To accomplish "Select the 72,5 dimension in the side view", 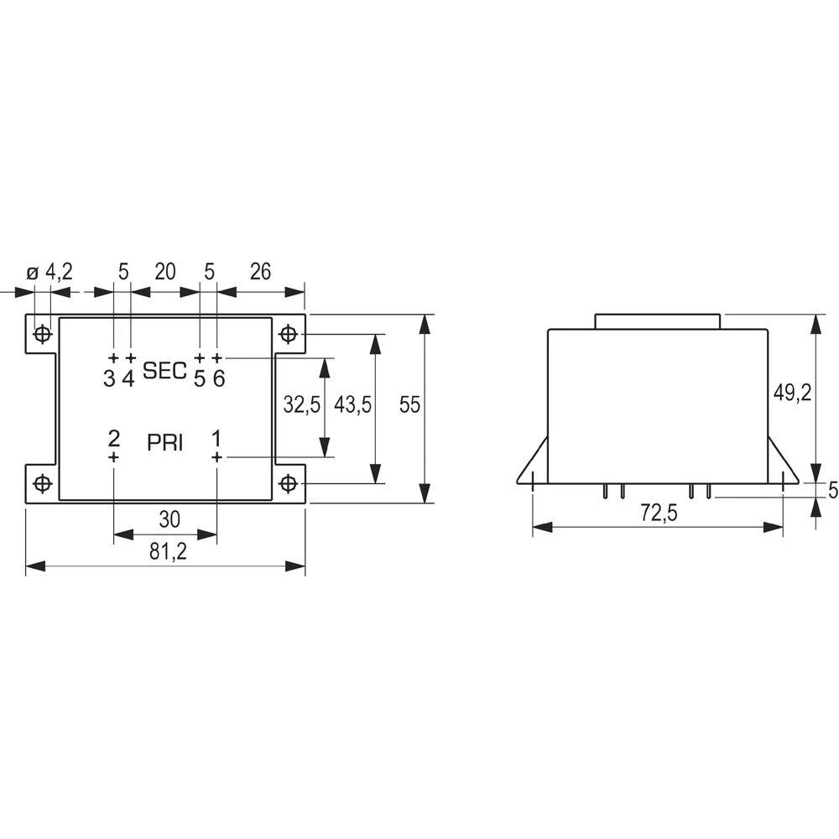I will click(658, 513).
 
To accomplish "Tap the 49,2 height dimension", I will click(792, 394).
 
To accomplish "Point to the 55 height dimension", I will click(409, 405).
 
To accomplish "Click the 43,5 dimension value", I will click(353, 405).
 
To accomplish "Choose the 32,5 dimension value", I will click(301, 405).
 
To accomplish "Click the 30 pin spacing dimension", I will click(169, 519).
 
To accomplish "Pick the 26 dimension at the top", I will click(261, 271).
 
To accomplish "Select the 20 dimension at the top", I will click(164, 271).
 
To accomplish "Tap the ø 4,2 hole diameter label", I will click(50, 271).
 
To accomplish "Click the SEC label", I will click(165, 371).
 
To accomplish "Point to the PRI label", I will click(165, 442).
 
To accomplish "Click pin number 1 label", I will click(216, 438).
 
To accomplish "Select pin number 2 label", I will click(114, 438).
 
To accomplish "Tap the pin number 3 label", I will click(109, 378).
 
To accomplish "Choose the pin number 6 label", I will click(218, 378).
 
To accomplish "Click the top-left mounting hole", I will click(42, 334).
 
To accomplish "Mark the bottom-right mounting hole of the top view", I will click(289, 483).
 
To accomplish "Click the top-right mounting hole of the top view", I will click(289, 334).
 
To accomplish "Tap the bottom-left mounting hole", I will click(42, 483).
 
